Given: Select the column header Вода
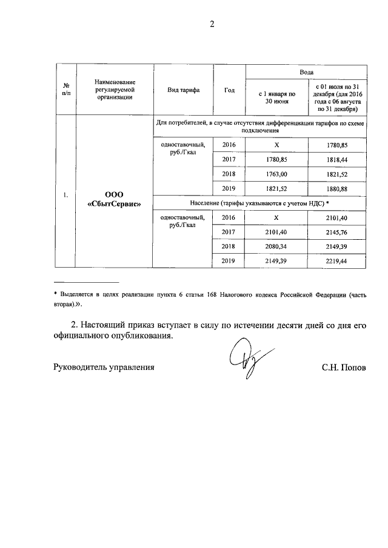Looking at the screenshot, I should (306, 71).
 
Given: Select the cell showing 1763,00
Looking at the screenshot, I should (276, 174).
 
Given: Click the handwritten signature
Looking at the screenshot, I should (243, 360).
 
